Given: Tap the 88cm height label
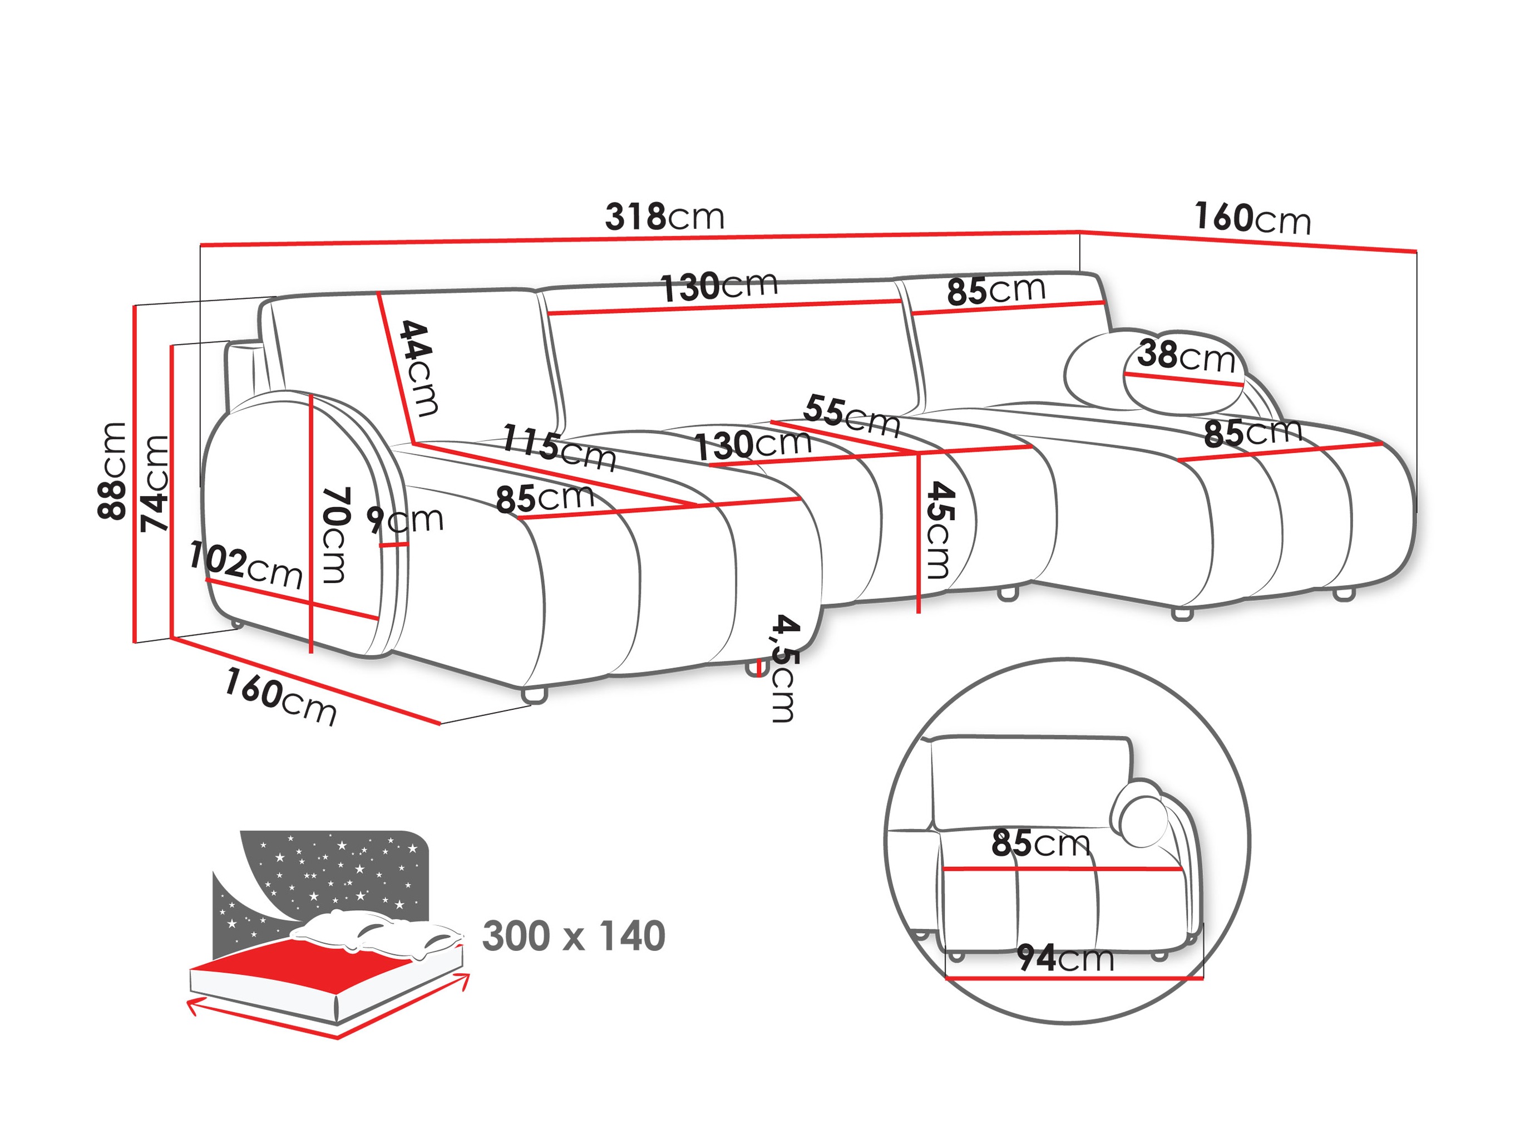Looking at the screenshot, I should [112, 470].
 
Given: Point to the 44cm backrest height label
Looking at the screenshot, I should [419, 368].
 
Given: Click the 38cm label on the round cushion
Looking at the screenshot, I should [1186, 356].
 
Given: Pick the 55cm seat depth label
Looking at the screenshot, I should [851, 415].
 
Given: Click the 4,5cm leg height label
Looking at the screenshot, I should [784, 668].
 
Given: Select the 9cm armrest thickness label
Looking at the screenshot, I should [404, 519].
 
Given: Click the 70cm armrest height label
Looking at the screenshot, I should [335, 535].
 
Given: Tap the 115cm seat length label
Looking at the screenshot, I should [557, 448].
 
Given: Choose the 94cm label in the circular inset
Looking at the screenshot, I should [1065, 958].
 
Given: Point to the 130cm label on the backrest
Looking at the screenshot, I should [719, 286].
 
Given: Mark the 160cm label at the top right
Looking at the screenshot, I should [1252, 218].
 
